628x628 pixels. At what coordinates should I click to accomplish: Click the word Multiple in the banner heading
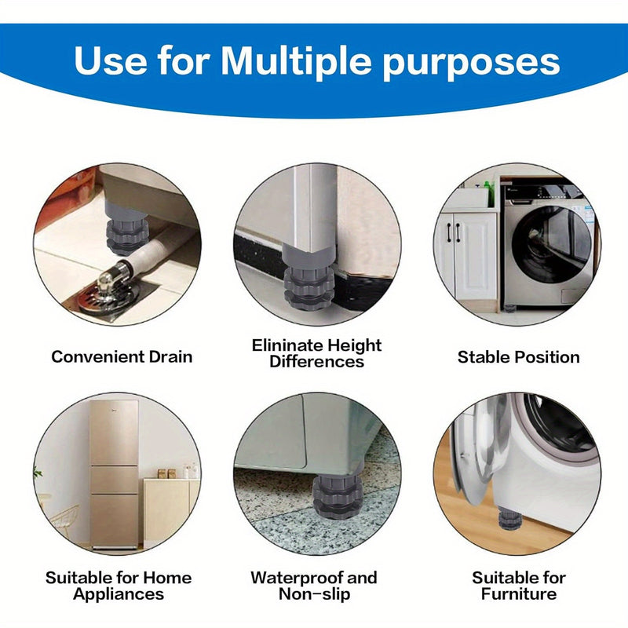click(297, 60)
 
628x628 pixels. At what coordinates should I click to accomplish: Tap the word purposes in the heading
click(472, 64)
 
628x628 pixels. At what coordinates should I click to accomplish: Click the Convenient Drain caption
click(122, 356)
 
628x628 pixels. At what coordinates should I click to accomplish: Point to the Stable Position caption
click(519, 357)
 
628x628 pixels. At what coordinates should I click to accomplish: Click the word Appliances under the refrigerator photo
click(119, 593)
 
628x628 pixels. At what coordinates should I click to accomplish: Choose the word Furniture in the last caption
click(519, 593)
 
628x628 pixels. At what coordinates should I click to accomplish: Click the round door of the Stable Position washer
click(552, 244)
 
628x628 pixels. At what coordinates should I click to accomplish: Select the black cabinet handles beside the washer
click(453, 232)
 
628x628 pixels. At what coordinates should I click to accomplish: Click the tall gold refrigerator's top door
click(115, 432)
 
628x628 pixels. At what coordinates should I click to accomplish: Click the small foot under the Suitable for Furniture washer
click(508, 518)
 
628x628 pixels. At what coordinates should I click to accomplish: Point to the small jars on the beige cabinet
click(166, 474)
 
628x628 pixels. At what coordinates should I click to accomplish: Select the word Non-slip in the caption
click(315, 594)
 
